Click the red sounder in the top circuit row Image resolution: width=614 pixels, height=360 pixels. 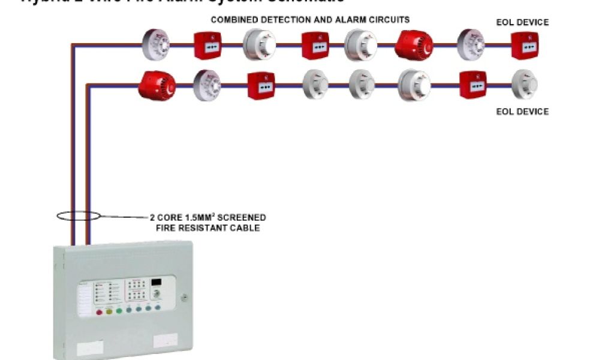point(413,44)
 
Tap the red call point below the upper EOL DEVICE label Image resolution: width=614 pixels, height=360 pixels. point(525,46)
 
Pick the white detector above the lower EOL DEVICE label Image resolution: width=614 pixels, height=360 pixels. point(525,84)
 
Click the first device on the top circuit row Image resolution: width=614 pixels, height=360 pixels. point(155,44)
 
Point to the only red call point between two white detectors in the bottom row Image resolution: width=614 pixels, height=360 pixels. point(261,85)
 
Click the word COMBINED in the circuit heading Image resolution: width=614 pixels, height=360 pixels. point(232,20)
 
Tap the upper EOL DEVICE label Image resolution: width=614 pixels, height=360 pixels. point(522,23)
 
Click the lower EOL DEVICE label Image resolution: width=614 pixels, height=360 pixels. point(522,112)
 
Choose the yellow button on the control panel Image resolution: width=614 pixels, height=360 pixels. point(109,311)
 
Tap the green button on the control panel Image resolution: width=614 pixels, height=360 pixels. point(119,311)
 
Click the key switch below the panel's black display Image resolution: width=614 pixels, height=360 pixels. point(158,295)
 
